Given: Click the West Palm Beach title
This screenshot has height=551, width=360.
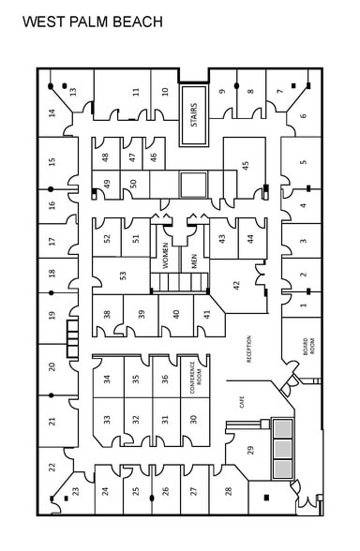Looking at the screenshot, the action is pos(93,22).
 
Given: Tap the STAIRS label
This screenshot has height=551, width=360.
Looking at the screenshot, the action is pos(194,115).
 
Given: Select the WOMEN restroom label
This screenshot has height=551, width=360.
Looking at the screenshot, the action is pos(165,256).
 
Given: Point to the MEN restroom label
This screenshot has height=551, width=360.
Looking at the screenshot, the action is pos(194,261).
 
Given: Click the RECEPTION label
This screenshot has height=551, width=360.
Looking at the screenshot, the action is pos(249,349).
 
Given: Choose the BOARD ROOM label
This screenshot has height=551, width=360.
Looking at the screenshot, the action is pos(308,347).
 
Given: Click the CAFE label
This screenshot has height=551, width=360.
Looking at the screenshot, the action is pos(242,402).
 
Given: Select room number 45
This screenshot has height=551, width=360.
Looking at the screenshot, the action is pos(246,164).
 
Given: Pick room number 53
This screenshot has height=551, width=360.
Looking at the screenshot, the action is pos(123,275).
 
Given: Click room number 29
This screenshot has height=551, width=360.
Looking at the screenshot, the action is pos(250,450).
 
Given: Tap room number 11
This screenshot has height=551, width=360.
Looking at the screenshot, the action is pos(136,92).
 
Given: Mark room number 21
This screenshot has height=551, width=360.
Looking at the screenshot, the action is pos(52,421).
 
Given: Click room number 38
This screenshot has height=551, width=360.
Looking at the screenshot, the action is pos(107,314).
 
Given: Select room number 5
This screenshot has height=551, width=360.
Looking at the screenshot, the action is pos(304,162).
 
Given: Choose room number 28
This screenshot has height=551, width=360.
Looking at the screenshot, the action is pos(228,491).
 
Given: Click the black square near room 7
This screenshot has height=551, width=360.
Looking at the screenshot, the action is pos(293,85).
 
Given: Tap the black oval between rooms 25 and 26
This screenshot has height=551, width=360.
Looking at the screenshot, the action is pos(152,498).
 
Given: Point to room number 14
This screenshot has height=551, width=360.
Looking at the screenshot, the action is pos(52,113).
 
